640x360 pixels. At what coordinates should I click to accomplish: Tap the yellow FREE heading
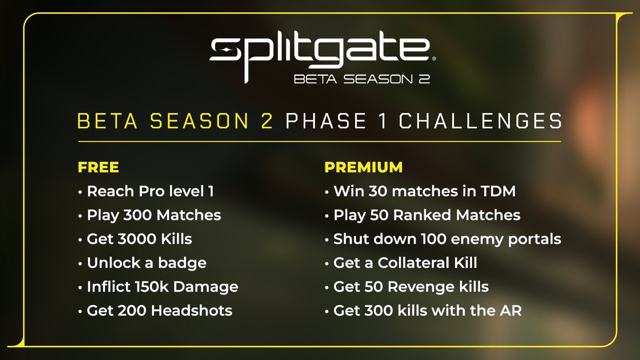[98, 167]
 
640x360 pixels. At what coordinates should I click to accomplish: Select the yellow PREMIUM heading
[363, 167]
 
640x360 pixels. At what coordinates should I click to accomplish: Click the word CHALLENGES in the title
[481, 121]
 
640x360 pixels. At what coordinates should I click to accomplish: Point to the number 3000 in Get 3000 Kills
[137, 239]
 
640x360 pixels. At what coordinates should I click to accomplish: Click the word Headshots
[191, 310]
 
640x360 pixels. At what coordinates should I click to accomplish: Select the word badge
[182, 263]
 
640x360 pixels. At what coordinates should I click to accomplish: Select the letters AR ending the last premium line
[510, 310]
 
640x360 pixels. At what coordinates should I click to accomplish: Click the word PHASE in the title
[326, 121]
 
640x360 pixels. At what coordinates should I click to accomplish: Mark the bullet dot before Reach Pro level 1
[81, 192]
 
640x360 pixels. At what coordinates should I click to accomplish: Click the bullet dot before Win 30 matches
[327, 192]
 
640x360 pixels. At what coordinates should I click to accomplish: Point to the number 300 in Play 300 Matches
[138, 215]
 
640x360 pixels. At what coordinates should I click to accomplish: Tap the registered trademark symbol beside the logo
[434, 59]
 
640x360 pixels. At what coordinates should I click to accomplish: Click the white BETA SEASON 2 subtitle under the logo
[362, 79]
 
